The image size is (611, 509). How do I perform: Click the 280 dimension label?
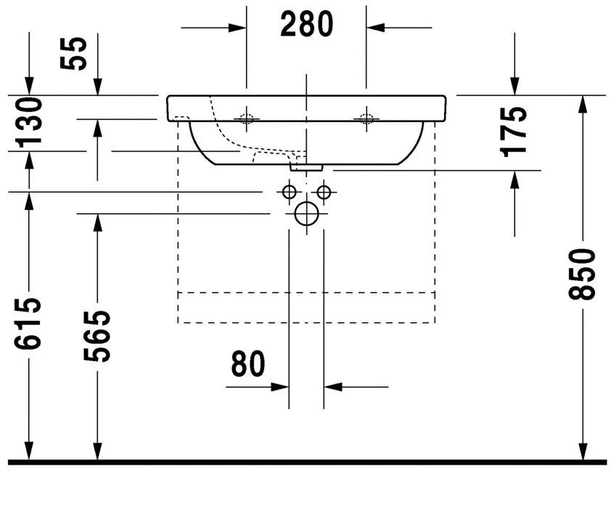point(306,24)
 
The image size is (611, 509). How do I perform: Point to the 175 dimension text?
point(514,131)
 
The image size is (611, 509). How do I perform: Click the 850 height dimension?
point(582,274)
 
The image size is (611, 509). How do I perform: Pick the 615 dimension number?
point(31,323)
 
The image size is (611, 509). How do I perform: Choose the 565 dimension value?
point(97,335)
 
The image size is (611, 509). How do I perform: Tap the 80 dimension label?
point(248,364)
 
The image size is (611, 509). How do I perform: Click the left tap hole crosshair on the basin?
point(247,118)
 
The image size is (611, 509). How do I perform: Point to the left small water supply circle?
point(289,192)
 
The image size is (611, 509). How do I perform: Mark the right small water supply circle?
point(324,192)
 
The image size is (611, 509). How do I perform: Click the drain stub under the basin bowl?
point(306,166)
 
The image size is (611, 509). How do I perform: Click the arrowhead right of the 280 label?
point(375,28)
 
